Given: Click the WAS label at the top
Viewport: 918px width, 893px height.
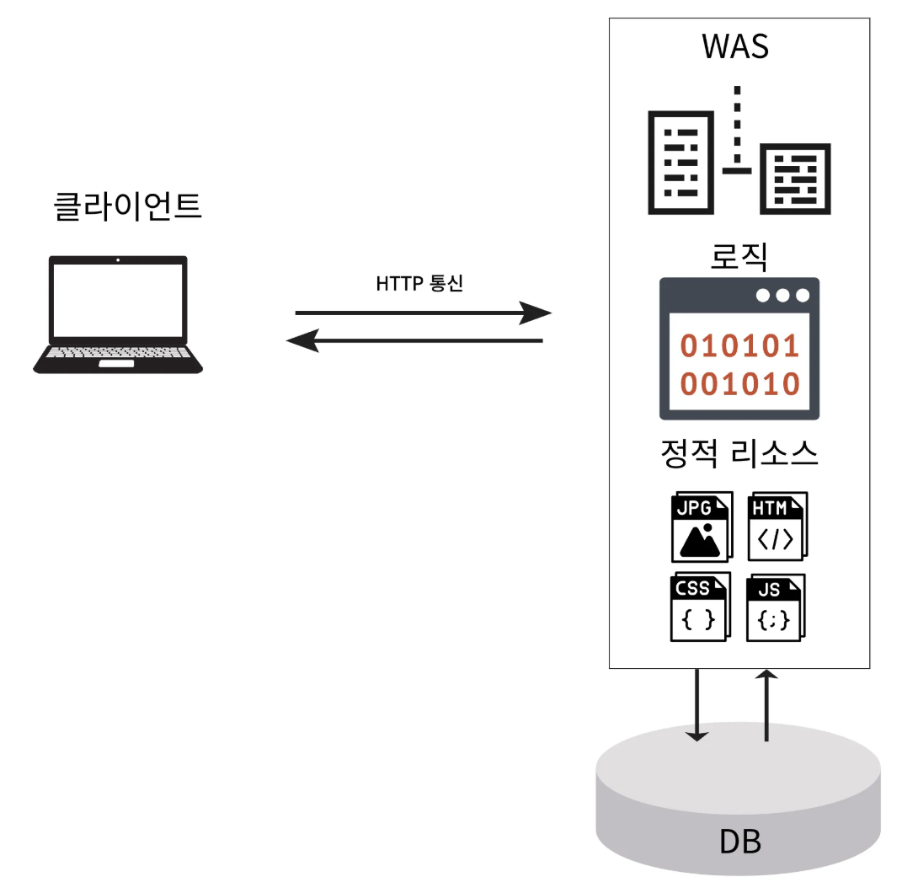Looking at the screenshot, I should coord(734,46).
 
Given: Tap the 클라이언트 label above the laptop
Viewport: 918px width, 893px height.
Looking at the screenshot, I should coord(127,206).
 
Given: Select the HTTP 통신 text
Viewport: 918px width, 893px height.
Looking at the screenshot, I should coord(419,284).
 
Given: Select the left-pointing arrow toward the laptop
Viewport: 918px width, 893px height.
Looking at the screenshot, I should coord(414,341).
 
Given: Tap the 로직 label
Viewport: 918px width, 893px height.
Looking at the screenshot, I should coord(739,256).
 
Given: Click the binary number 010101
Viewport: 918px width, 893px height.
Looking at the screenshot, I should coord(739,346).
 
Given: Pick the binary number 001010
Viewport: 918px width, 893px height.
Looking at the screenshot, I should coord(739,384).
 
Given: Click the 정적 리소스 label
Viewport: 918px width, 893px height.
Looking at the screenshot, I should coord(739,455).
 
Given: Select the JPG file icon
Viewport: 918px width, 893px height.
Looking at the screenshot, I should coord(701,528).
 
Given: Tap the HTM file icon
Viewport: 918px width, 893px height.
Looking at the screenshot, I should coord(777,527).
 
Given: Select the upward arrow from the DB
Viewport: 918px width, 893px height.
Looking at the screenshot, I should coord(766,706).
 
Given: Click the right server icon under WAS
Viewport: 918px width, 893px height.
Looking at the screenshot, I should coord(795,179).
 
